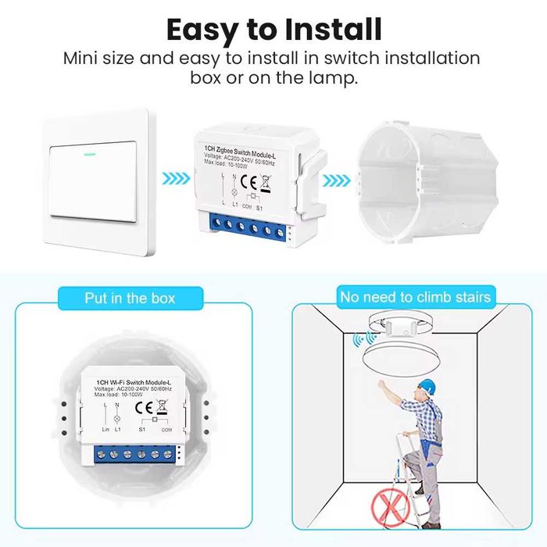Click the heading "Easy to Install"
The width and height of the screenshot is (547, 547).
pyautogui.click(x=273, y=29)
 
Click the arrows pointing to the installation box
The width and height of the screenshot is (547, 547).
pyautogui.click(x=335, y=181)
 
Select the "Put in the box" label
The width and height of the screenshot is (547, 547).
pyautogui.click(x=130, y=298)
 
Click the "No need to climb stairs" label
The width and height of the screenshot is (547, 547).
pyautogui.click(x=415, y=297)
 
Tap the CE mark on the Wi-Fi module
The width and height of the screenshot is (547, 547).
pyautogui.click(x=144, y=406)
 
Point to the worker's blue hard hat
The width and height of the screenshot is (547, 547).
pyautogui.click(x=425, y=385)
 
